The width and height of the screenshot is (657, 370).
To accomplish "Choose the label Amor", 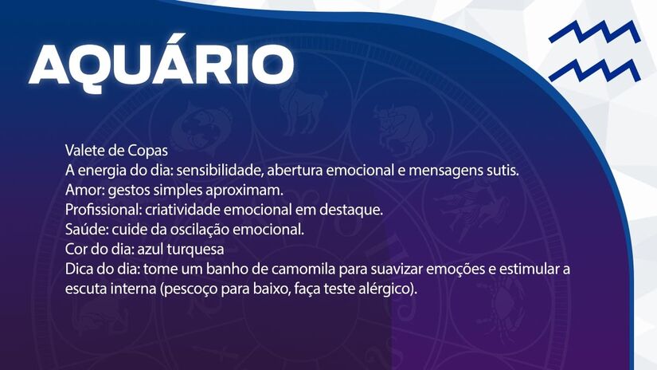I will (80, 191).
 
